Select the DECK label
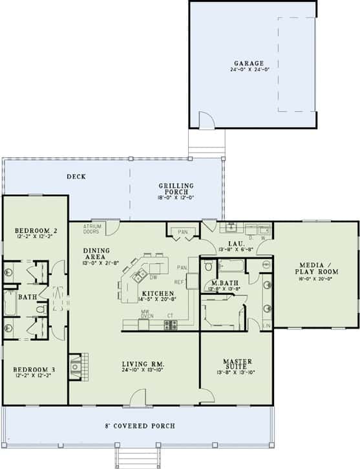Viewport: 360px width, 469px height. pos(76,177)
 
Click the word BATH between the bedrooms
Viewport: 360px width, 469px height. pos(27,297)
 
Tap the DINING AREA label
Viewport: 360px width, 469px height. pos(95,252)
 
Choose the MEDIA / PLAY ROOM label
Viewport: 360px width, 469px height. pos(315,268)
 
